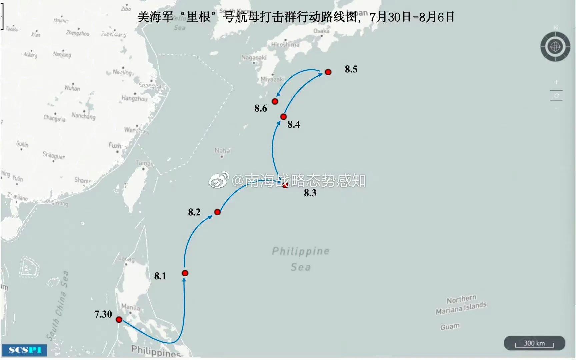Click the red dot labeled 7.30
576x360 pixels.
pyautogui.click(x=119, y=320)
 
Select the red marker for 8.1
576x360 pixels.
pyautogui.click(x=185, y=273)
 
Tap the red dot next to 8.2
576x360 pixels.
pyautogui.click(x=217, y=212)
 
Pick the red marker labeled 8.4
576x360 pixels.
pyautogui.click(x=283, y=117)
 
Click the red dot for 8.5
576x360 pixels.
pyautogui.click(x=328, y=72)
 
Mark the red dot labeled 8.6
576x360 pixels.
pyautogui.click(x=275, y=101)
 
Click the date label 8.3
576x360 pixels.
pyautogui.click(x=310, y=193)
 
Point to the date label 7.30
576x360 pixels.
pyautogui.click(x=103, y=314)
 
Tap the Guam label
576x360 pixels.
pyautogui.click(x=450, y=326)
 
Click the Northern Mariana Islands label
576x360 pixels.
pyautogui.click(x=461, y=305)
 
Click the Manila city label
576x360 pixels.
pyautogui.click(x=130, y=307)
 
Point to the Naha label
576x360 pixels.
pyautogui.click(x=222, y=151)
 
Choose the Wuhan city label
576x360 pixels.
pyautogui.click(x=72, y=88)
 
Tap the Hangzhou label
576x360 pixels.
pyautogui.click(x=134, y=98)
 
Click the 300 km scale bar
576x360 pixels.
pyautogui.click(x=534, y=343)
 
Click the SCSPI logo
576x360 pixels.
pyautogui.click(x=25, y=350)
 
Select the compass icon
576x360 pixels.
pyautogui.click(x=555, y=47)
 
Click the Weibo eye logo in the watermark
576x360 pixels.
pyautogui.click(x=219, y=180)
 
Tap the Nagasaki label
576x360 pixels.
pyautogui.click(x=254, y=58)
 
